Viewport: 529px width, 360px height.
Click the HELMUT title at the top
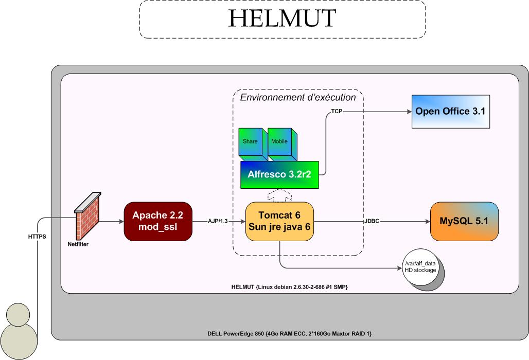coord(282,19)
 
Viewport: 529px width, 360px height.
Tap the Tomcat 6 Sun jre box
coord(280,221)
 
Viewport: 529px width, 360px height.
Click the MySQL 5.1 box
coord(464,221)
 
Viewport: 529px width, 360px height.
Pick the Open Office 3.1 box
coord(450,111)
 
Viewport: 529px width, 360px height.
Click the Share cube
coord(251,142)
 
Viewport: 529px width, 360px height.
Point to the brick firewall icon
coord(87,216)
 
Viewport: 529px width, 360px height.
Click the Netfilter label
coord(78,244)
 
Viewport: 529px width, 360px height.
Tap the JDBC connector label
coord(372,221)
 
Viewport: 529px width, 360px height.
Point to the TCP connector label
coord(337,111)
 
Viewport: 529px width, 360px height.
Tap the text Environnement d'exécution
coord(298,97)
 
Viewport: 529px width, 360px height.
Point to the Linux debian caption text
coord(290,286)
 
